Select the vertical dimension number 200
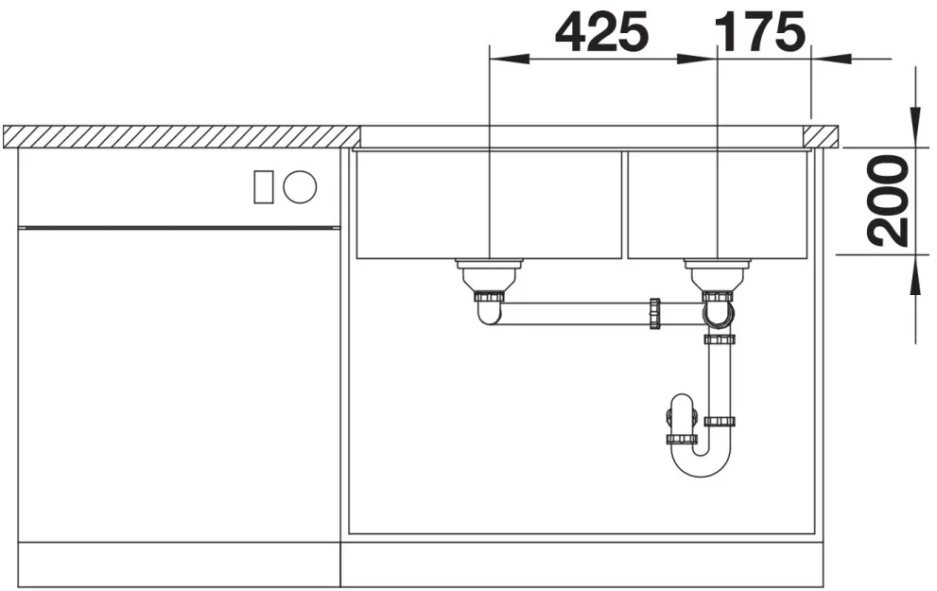(889, 200)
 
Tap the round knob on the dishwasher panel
(300, 186)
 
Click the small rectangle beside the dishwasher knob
(264, 186)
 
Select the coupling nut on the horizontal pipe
(655, 313)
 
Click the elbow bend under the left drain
(489, 313)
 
